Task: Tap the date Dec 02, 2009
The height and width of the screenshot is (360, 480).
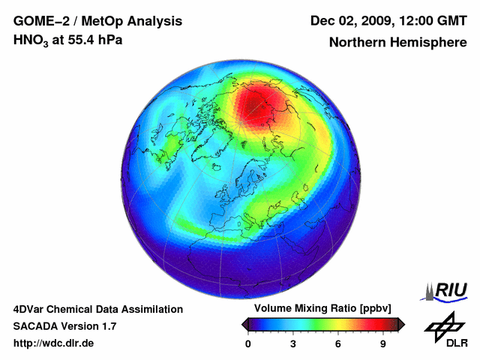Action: coord(352,20)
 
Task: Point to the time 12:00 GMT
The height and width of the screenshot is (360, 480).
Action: coord(433,20)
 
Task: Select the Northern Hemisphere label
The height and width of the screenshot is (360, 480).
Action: coord(397,42)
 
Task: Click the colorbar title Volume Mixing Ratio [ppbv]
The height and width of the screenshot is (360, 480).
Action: coord(323,309)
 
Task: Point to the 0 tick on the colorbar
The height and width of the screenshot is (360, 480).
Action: coord(248,343)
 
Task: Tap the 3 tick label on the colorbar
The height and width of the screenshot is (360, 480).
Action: coord(293,343)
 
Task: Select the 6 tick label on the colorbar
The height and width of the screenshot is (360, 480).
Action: coord(338,343)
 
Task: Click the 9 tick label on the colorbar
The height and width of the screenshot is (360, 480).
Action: coord(382,343)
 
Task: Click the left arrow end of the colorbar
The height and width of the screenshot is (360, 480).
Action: coord(245,324)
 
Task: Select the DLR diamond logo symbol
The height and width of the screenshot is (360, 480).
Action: coord(444,325)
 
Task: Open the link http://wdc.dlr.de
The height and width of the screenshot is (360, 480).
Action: coord(54,343)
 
